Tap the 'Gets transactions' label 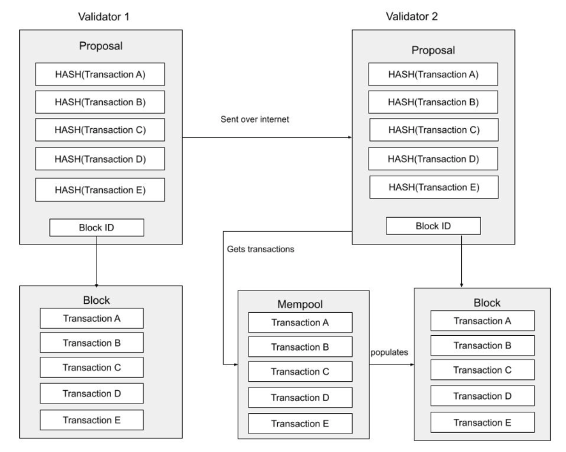pyautogui.click(x=261, y=249)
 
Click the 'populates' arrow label pyautogui.click(x=390, y=352)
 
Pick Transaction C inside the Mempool pyautogui.click(x=300, y=372)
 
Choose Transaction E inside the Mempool pyautogui.click(x=300, y=423)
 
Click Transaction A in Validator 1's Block pyautogui.click(x=91, y=318)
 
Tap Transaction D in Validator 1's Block pyautogui.click(x=91, y=393)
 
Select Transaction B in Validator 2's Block pyautogui.click(x=473, y=345)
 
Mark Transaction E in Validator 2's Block pyautogui.click(x=473, y=422)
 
